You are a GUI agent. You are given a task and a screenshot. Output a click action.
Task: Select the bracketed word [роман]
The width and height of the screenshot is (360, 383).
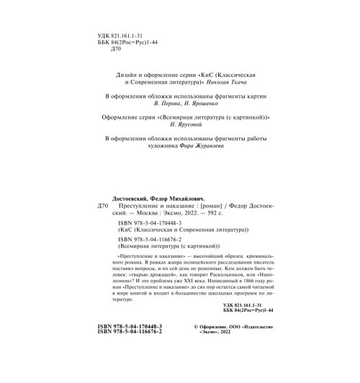[x=201, y=205]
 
